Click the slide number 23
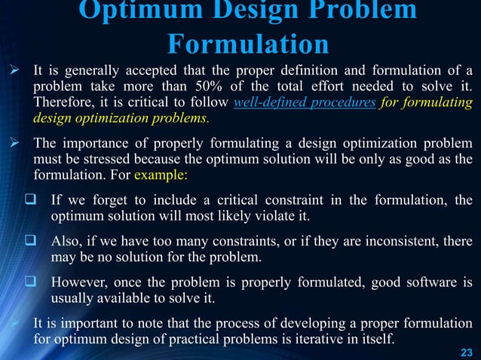point(465,352)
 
